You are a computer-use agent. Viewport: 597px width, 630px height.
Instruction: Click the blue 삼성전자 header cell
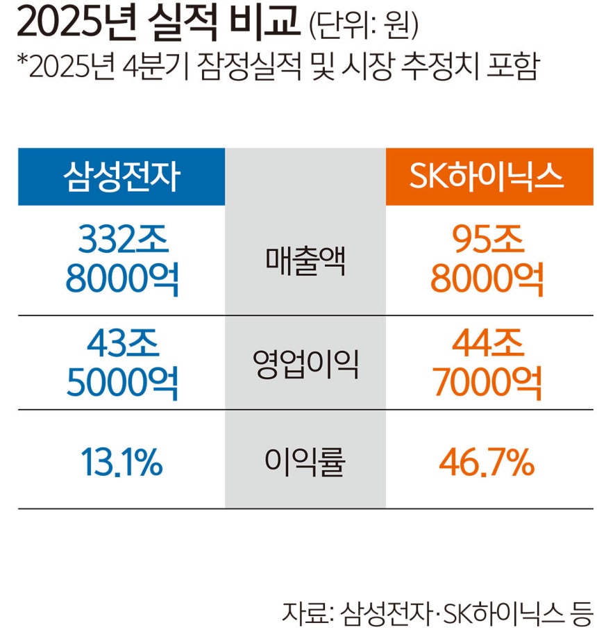pos(121,176)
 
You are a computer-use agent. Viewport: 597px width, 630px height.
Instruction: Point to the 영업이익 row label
pos(305,363)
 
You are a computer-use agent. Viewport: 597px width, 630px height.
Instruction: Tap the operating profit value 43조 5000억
pos(122,363)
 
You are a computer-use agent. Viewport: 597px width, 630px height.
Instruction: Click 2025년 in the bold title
pos(76,24)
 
